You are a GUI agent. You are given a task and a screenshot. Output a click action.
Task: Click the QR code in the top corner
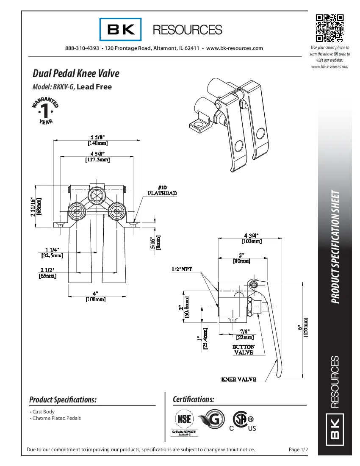(x=330, y=28)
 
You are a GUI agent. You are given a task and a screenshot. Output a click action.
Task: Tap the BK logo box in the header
(x=121, y=29)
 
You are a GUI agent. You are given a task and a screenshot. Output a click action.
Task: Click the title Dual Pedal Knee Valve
(x=76, y=73)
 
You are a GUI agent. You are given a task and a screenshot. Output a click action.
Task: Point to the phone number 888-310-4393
(x=82, y=48)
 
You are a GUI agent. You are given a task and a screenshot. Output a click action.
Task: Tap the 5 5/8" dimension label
(x=97, y=139)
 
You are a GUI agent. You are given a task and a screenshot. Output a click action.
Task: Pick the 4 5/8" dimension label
(x=97, y=156)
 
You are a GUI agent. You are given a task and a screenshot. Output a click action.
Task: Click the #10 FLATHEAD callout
(x=162, y=190)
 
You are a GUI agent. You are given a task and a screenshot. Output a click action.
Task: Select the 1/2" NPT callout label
(x=182, y=269)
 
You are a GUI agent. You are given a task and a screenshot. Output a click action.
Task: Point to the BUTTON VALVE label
(x=244, y=349)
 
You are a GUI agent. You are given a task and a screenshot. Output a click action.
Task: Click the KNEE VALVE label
(x=239, y=379)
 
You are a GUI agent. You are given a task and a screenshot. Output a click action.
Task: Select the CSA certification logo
(x=243, y=421)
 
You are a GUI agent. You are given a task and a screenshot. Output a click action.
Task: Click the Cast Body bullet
(x=43, y=412)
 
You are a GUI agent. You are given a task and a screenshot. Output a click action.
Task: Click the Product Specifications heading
(x=63, y=399)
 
